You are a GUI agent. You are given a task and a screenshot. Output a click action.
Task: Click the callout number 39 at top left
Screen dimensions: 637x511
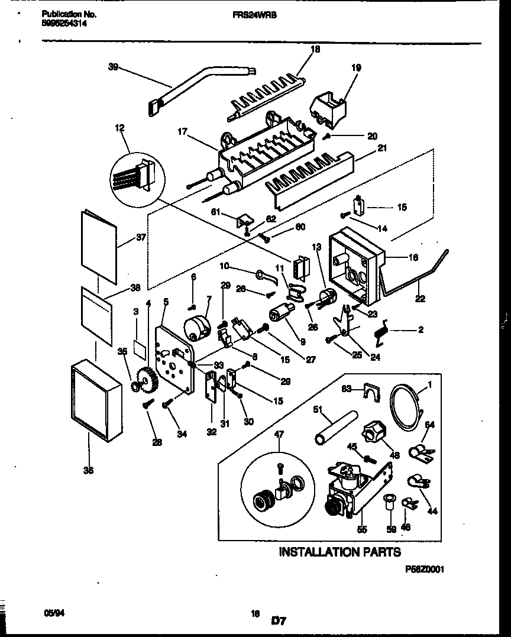coord(113,67)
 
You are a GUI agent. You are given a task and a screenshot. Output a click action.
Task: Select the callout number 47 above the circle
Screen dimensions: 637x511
coord(279,434)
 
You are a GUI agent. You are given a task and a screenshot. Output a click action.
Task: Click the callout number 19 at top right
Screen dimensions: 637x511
coord(355,68)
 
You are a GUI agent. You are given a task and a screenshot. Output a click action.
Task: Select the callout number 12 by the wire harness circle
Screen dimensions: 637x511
coord(120,127)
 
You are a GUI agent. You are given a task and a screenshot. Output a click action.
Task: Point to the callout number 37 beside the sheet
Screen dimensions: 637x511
coord(141,237)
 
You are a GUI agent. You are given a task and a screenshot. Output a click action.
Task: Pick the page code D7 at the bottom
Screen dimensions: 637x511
coord(279,621)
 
